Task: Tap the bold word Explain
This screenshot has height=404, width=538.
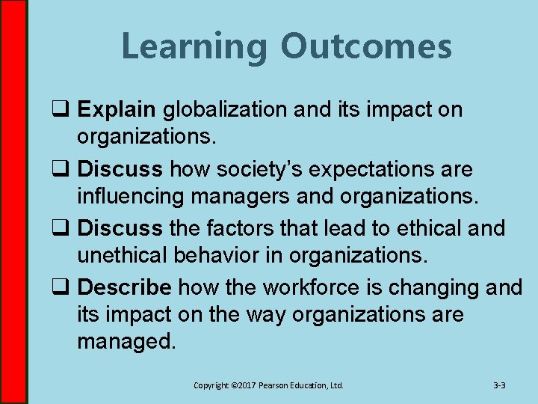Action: tap(117, 110)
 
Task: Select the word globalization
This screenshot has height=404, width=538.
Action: tap(226, 110)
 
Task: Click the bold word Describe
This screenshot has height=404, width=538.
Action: tap(125, 287)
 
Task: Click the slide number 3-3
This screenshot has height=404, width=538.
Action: tap(500, 385)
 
